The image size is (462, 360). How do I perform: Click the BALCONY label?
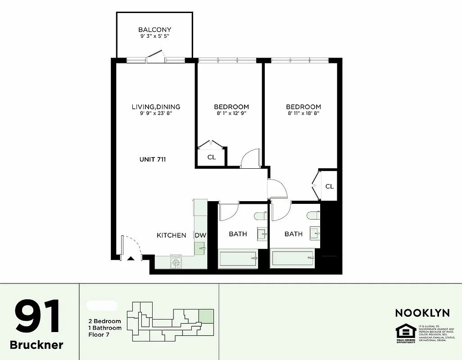[154, 30]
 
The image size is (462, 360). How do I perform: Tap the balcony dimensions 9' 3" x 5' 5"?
[154, 36]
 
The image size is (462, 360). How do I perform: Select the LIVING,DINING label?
[156, 107]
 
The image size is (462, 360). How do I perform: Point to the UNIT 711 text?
[153, 159]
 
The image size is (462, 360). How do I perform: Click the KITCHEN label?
[171, 235]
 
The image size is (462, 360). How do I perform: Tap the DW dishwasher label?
[200, 235]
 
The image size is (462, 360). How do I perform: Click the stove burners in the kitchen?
[176, 262]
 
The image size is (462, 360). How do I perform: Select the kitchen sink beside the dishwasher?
[199, 247]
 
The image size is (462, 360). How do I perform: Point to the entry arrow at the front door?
[131, 258]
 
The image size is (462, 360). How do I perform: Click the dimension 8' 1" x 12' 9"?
[231, 113]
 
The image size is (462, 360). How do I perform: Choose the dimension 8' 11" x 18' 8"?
[303, 113]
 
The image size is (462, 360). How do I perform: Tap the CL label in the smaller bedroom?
[211, 157]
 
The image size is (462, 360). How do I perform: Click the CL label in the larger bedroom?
[329, 186]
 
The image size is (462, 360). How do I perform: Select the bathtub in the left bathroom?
[238, 259]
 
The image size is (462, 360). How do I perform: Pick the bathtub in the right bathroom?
[293, 259]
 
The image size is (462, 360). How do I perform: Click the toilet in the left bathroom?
[260, 216]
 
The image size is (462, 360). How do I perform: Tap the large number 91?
[37, 317]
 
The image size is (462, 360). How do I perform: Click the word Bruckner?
[36, 345]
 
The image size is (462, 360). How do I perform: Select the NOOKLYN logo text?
[422, 313]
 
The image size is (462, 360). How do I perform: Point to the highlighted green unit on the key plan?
[206, 315]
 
